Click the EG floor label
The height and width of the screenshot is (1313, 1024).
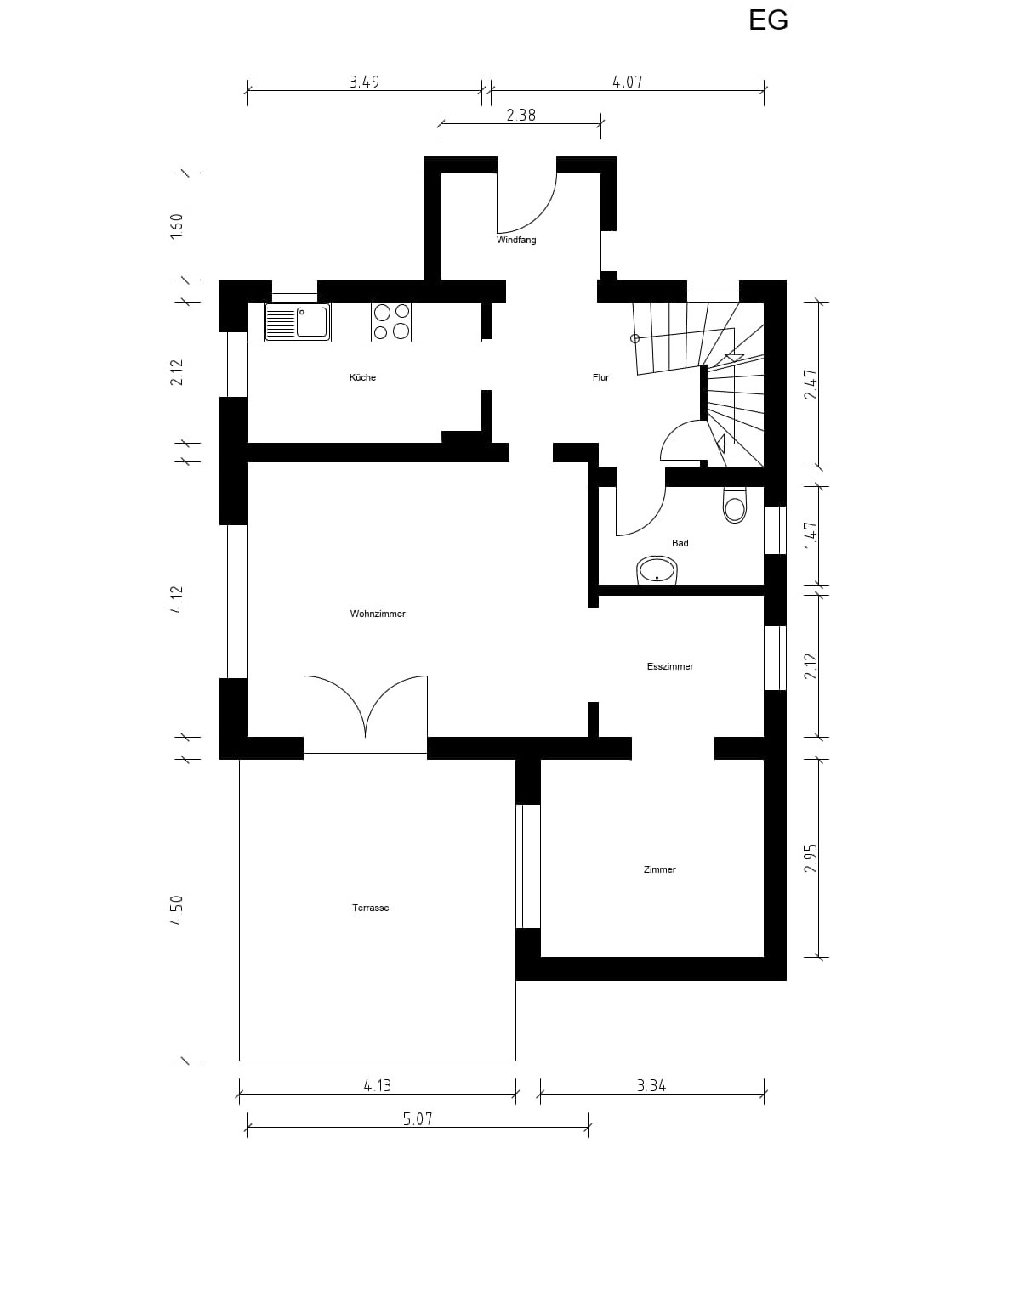768,20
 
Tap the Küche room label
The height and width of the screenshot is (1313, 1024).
362,377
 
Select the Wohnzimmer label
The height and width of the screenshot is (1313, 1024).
378,614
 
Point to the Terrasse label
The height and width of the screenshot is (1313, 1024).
371,908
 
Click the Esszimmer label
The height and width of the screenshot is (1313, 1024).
670,666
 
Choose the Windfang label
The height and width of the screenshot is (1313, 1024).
516,240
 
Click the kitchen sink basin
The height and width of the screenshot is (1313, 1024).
312,321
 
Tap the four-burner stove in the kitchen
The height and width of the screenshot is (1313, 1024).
391,322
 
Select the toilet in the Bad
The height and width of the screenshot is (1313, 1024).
735,505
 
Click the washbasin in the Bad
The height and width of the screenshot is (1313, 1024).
657,570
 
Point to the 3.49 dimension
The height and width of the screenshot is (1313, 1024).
365,82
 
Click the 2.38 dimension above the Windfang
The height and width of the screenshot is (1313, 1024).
521,115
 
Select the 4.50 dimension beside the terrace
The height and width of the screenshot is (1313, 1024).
177,910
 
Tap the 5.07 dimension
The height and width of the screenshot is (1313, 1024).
418,1119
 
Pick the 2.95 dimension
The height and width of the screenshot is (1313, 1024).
811,858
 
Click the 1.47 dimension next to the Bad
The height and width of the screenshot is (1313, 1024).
811,535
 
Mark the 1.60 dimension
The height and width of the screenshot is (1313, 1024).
177,227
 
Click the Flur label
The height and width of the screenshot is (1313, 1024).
600,377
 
